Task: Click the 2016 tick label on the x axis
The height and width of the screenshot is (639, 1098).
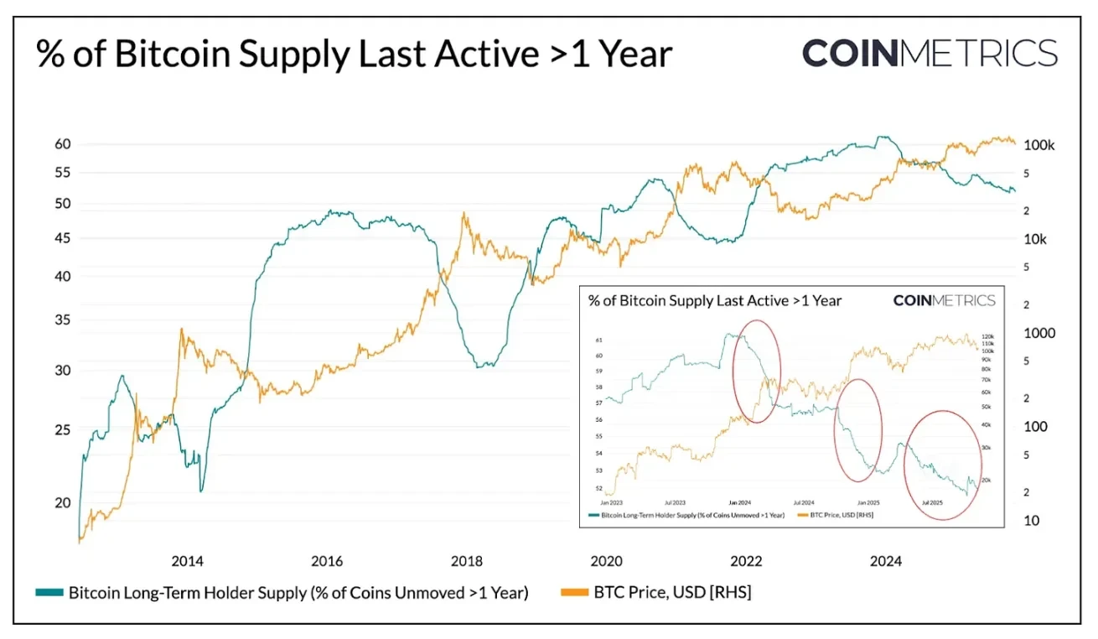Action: coord(327,561)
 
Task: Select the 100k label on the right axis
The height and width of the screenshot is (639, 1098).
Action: coord(1039,145)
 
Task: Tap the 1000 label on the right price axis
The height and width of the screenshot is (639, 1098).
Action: coord(1038,333)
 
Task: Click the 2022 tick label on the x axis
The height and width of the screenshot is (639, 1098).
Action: coord(746,561)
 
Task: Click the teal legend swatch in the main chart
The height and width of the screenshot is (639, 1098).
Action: coord(49,593)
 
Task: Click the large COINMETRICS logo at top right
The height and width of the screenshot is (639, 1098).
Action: coord(930,53)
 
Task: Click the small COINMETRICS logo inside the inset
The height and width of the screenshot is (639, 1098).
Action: coord(944,300)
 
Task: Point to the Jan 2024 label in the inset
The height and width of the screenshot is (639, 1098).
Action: coord(738,501)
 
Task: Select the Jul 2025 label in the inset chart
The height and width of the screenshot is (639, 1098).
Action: coord(932,501)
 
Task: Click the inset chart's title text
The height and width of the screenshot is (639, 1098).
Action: coord(714,300)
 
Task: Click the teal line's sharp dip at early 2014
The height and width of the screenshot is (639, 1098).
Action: coord(200,491)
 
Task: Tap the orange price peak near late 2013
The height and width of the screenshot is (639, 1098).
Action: coord(181,330)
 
